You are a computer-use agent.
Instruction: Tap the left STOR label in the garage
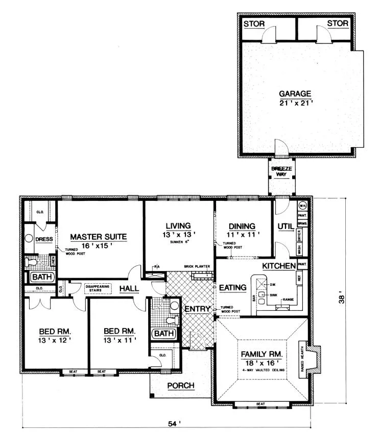pos(254,24)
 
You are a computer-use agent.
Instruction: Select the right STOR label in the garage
pos(338,24)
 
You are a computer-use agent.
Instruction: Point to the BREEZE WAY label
pos(279,171)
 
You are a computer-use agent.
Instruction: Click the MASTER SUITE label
pos(98,237)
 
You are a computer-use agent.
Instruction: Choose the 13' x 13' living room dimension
pos(178,234)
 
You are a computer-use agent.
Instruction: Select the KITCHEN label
pos(278,266)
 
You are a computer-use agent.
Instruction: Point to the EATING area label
pos(233,288)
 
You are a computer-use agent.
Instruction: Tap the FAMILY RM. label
pos(262,354)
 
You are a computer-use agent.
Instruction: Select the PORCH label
pos(181,386)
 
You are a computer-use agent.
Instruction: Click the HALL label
pos(129,289)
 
